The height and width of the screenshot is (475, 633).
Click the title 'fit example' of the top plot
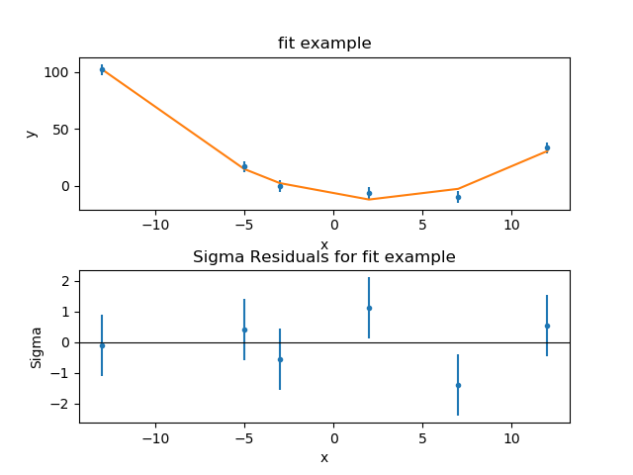point(323,44)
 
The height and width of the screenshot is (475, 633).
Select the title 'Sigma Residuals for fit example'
point(323,257)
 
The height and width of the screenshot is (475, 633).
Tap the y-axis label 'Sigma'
point(37,346)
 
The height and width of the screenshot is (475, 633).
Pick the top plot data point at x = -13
point(102,69)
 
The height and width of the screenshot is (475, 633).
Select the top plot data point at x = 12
point(547,147)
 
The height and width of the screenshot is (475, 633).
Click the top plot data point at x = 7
point(458,197)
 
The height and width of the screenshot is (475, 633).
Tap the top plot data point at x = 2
point(369,193)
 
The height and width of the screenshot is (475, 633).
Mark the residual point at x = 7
point(458,385)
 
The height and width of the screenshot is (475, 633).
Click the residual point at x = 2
point(369,308)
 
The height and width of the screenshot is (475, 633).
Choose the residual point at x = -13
point(102,345)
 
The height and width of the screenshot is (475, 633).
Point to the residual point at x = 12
point(547,326)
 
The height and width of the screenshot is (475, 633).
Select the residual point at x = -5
point(244,330)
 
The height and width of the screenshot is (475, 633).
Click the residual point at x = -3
point(280,359)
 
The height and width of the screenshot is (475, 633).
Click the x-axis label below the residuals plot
point(323,457)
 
